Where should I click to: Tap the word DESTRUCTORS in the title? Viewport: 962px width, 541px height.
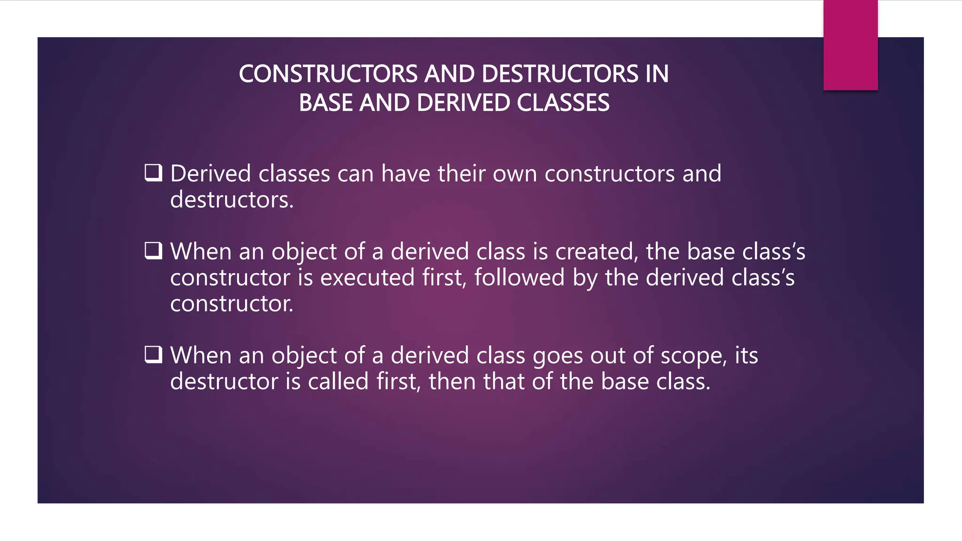(559, 74)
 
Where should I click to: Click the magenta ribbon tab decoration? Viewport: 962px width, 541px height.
(850, 45)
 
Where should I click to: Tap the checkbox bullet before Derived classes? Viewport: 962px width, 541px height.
(153, 173)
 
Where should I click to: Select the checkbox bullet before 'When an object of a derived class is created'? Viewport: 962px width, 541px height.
(153, 251)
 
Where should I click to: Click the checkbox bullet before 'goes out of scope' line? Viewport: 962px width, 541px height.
(153, 355)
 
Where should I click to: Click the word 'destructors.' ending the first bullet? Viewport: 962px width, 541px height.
(232, 200)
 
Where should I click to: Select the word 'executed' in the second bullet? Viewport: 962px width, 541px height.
(367, 278)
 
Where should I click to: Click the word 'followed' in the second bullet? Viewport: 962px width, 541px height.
(519, 278)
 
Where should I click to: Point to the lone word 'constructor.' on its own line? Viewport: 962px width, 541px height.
(232, 304)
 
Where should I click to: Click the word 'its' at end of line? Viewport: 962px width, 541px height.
(746, 356)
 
